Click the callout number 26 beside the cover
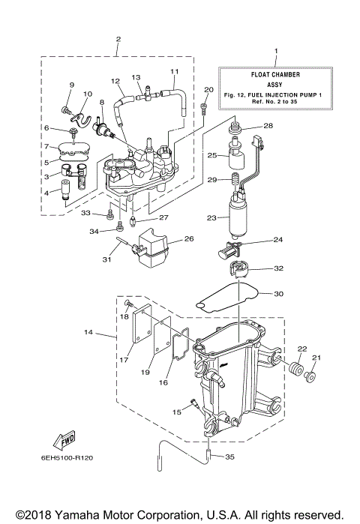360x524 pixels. (x=188, y=239)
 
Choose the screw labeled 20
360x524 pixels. (x=205, y=109)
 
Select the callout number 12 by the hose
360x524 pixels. (x=115, y=80)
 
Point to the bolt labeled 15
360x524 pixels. (x=194, y=404)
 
